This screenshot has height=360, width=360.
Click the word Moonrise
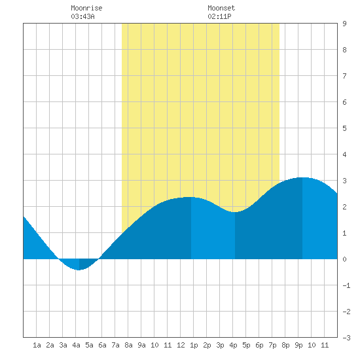86,8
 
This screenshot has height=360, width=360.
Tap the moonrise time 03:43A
82,16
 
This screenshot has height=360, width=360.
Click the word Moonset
221,8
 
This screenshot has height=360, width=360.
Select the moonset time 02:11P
219,16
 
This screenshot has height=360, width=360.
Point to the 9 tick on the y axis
344,24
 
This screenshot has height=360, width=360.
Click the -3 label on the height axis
346,338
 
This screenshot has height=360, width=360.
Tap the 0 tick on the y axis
344,259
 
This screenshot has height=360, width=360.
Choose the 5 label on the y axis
344,128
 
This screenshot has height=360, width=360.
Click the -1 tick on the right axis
346,285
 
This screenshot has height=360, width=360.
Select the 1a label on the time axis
37,345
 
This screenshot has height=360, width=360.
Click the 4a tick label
76,345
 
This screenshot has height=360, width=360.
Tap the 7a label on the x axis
115,345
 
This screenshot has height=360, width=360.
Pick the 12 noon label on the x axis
181,345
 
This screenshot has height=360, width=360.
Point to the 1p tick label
194,345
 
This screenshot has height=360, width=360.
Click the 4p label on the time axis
233,345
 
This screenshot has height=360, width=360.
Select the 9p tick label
298,345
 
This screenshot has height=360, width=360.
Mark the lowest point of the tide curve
79,270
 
